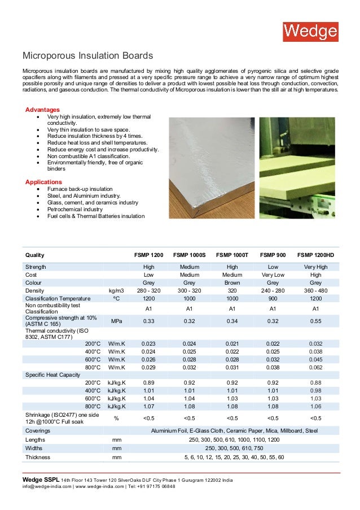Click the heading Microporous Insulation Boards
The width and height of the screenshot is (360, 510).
click(x=87, y=56)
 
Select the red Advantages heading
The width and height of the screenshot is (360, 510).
click(x=42, y=109)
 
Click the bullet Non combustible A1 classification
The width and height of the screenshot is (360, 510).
click(x=88, y=156)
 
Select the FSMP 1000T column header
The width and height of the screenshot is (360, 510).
click(x=232, y=255)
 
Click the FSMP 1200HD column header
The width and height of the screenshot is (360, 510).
click(x=315, y=255)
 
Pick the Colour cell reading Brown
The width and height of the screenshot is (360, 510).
click(x=232, y=282)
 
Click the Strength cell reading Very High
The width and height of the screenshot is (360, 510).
click(x=315, y=266)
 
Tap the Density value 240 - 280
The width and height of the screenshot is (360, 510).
click(x=273, y=290)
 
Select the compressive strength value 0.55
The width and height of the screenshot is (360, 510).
click(x=315, y=321)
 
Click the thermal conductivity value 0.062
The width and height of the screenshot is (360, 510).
click(x=315, y=367)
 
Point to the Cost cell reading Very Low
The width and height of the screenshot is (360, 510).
click(x=273, y=274)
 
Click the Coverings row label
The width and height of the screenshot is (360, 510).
click(x=38, y=430)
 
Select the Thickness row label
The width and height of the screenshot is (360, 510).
click(x=38, y=457)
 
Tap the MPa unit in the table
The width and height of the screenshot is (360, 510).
click(x=116, y=321)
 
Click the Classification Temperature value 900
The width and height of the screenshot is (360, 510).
click(x=273, y=299)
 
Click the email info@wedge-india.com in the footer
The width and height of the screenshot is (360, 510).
click(x=47, y=486)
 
